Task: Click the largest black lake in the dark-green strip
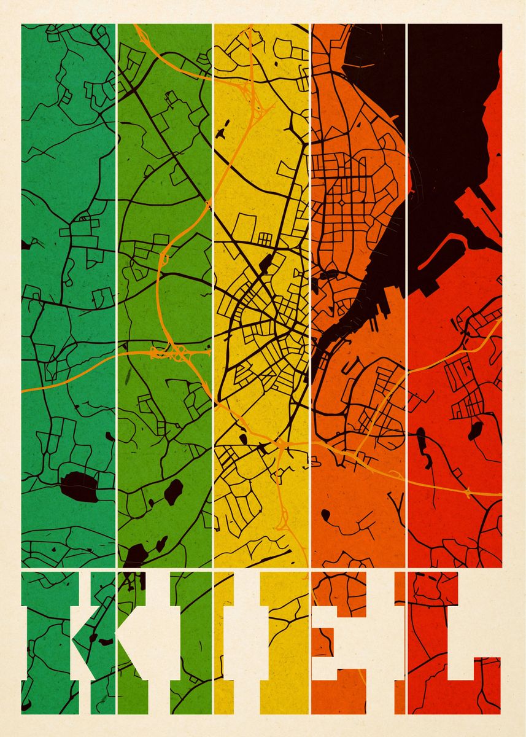click(80, 486)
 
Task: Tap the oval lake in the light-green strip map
click(174, 492)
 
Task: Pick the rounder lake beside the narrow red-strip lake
click(474, 430)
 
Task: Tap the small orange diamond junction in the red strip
click(468, 491)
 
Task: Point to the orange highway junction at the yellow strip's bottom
click(283, 522)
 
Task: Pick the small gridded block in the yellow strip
click(265, 238)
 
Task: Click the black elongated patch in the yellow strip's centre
click(268, 264)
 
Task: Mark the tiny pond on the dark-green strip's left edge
click(25, 244)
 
